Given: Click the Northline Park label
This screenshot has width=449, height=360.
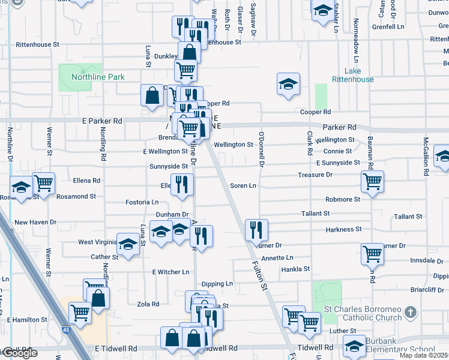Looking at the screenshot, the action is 98,77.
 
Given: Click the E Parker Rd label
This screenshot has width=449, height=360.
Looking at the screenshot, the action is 102,121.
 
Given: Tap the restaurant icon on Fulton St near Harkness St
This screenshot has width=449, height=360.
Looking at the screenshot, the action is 256,229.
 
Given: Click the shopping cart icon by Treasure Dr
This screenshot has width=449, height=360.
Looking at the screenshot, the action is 372,181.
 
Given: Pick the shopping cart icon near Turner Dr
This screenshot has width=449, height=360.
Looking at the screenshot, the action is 372,253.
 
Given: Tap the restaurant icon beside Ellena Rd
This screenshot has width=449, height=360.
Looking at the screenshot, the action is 181,184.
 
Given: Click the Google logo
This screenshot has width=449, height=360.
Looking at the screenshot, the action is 19,353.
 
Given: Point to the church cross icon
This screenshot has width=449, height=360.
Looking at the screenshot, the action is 410,313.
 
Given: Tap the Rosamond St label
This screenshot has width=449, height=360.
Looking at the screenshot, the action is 76,196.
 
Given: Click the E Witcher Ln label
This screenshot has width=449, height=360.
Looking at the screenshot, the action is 170,272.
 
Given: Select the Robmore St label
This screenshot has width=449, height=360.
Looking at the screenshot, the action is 343,199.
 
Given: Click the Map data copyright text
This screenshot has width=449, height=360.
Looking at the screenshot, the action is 424,356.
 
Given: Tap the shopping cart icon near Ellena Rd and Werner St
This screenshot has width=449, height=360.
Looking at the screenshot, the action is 43,182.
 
